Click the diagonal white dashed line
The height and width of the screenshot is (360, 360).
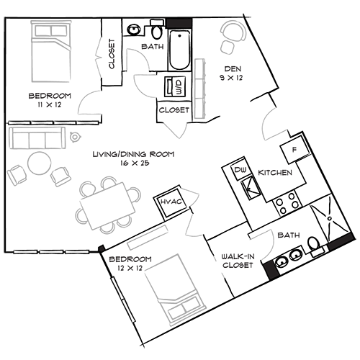[x=123, y=300]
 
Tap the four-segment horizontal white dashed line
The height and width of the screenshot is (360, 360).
[x=52, y=124]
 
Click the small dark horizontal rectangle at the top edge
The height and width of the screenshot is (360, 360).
[x=179, y=23]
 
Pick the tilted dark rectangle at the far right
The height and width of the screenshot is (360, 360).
[x=339, y=243]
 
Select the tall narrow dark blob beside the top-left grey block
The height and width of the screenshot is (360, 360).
[x=111, y=54]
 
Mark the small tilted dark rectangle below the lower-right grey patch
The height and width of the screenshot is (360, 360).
[x=271, y=270]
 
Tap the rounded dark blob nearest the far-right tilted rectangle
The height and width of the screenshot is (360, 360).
[x=292, y=232]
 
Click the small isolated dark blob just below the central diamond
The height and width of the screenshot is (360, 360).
[x=171, y=201]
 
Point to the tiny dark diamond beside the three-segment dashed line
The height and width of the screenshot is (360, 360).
[x=102, y=248]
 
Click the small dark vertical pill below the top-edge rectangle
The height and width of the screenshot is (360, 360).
[x=179, y=86]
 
